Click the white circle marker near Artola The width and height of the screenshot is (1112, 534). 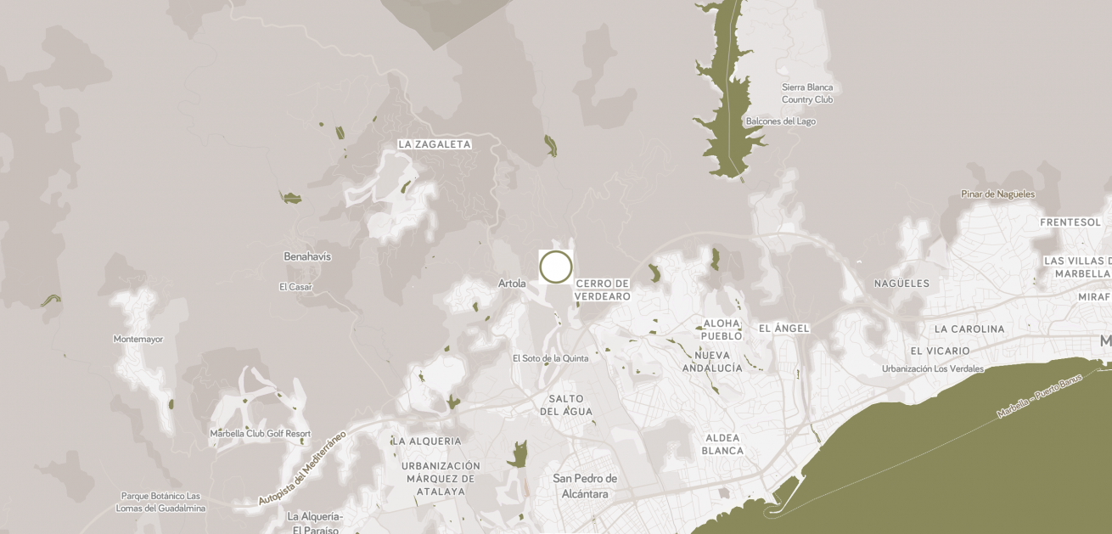(556, 267)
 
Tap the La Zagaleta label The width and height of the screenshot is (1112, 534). (434, 144)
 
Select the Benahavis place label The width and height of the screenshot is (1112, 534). (307, 256)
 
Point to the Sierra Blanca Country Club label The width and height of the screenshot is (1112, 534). (807, 93)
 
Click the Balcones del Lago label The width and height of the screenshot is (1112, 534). (780, 121)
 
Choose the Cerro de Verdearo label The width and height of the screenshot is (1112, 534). (603, 289)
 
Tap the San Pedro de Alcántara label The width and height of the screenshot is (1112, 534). (586, 486)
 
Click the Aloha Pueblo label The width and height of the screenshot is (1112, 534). (722, 329)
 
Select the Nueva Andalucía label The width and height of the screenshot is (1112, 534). (712, 362)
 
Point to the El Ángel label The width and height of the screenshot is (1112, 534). (783, 329)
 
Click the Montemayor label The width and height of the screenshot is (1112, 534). (138, 340)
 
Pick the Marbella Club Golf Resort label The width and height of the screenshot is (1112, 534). (260, 434)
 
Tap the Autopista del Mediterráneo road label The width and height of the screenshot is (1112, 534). (303, 468)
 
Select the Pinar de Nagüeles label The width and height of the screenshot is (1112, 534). (997, 194)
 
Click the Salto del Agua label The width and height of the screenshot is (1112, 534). (566, 405)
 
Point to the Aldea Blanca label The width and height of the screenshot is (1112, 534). (722, 444)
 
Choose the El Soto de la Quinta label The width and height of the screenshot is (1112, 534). (550, 358)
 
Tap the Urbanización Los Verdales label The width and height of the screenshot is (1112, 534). (932, 369)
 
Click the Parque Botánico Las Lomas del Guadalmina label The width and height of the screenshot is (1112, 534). (160, 502)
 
